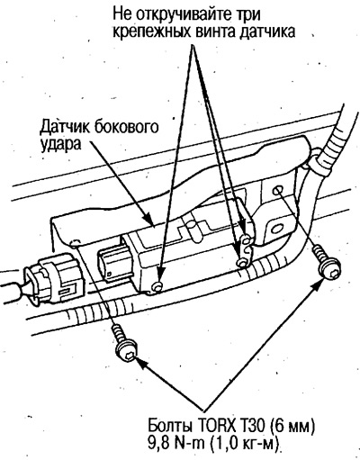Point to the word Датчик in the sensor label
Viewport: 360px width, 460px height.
point(64,128)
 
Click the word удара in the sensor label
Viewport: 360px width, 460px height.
point(60,145)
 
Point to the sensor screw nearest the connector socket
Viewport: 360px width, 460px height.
point(157,286)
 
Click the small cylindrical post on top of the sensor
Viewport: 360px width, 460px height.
point(191,230)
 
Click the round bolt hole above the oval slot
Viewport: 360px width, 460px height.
point(278,191)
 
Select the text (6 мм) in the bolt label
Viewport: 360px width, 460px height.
point(291,426)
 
